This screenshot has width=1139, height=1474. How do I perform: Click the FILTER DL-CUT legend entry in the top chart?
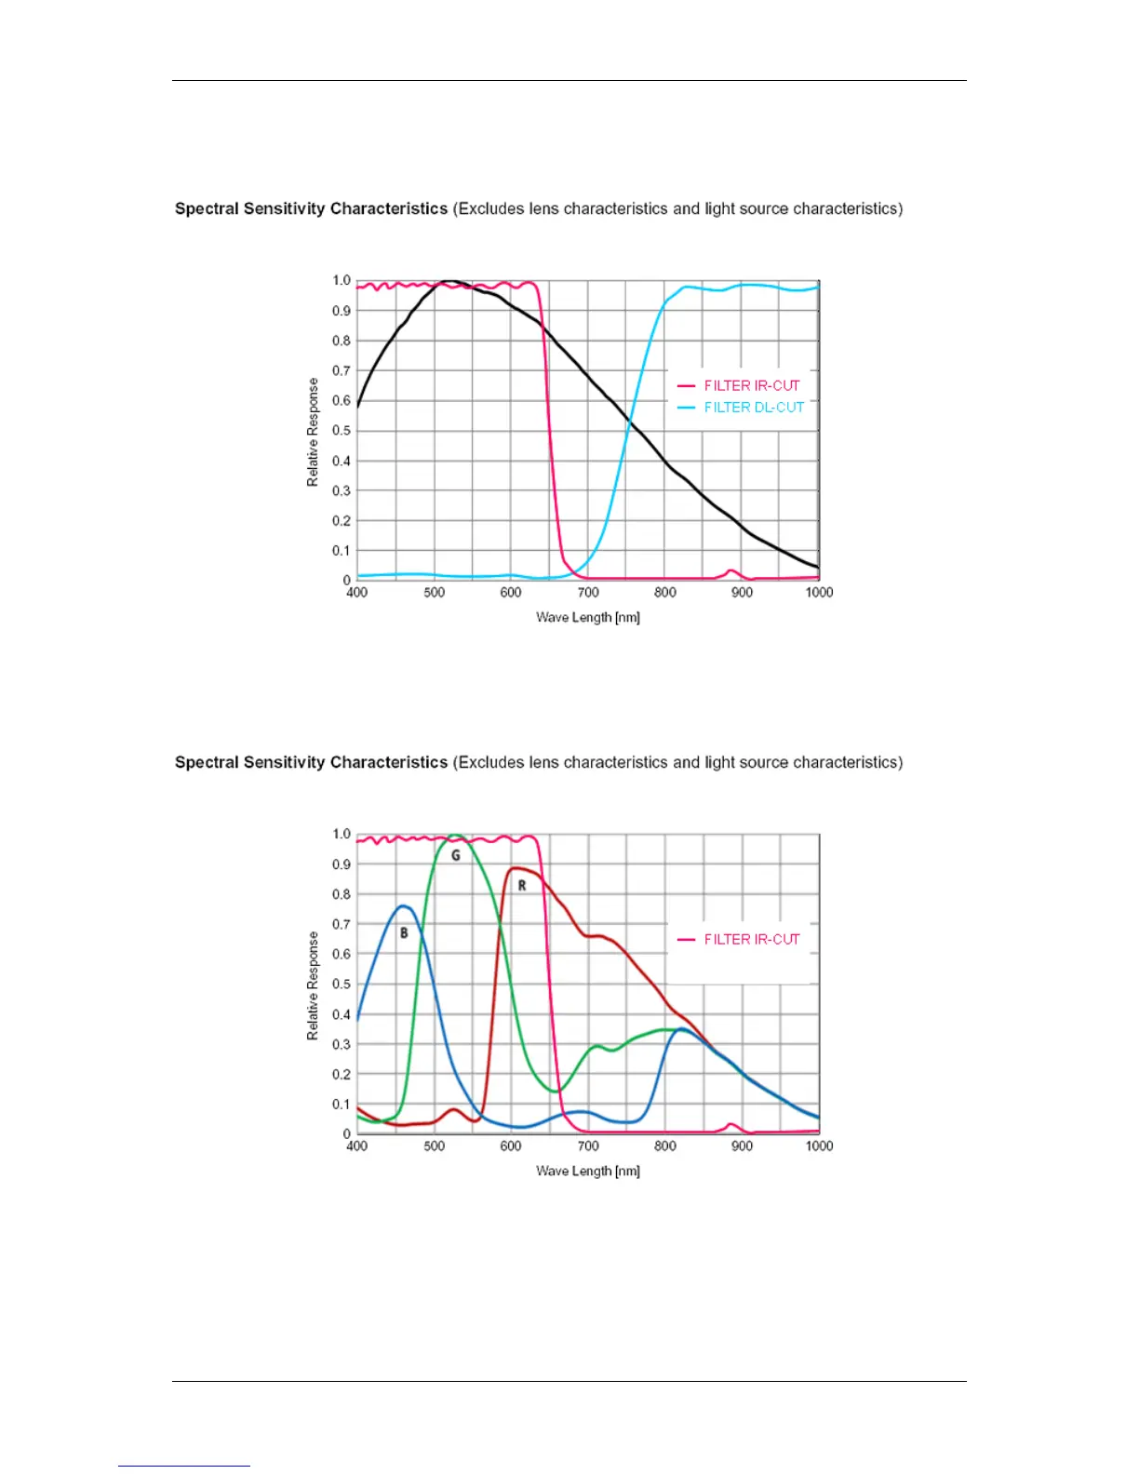tap(753, 408)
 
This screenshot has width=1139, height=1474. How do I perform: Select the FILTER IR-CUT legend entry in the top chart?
tap(751, 385)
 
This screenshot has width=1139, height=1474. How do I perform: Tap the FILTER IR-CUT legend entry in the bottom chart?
tap(751, 939)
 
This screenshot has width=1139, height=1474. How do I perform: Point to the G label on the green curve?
tap(456, 855)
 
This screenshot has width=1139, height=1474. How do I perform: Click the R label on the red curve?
tap(522, 886)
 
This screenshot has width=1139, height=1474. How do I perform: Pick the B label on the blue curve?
tap(404, 933)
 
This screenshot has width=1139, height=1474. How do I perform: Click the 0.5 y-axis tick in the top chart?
tap(342, 431)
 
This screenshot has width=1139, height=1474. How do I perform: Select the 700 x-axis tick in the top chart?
tap(588, 593)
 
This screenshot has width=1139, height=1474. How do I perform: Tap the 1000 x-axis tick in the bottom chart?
tap(819, 1146)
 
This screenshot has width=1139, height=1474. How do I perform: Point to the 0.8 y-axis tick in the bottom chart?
tap(342, 894)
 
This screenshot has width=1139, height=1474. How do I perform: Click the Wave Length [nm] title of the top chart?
tap(588, 618)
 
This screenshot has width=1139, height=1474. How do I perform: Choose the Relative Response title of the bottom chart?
tap(313, 985)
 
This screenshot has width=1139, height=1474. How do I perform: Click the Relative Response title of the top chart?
tap(313, 432)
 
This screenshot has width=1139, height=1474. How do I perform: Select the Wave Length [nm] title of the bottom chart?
tap(588, 1172)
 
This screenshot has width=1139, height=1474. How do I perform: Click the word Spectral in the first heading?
tap(206, 208)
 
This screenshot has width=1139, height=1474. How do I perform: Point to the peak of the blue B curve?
tap(402, 905)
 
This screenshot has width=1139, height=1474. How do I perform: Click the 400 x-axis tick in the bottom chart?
tap(357, 1146)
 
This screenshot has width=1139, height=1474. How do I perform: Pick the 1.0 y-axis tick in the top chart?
tap(342, 280)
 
